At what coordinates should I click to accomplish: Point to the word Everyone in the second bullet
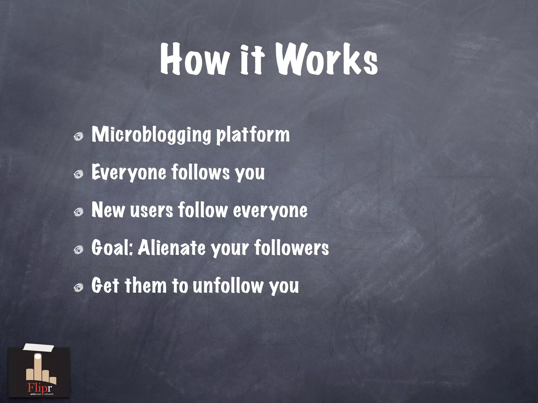129,173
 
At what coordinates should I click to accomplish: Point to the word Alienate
172,248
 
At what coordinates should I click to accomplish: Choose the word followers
292,248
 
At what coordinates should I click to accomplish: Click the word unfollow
227,285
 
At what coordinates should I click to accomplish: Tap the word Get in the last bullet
105,285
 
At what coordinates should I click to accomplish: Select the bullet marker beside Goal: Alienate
78,249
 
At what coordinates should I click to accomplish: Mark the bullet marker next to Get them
78,287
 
